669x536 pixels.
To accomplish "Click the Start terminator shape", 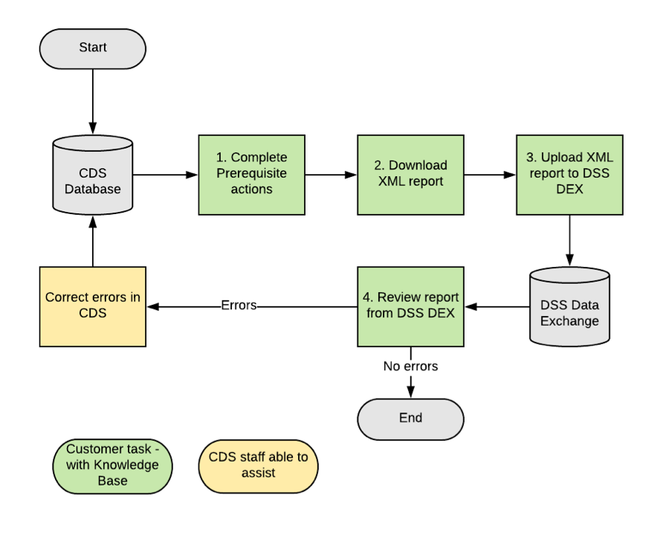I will point(92,48).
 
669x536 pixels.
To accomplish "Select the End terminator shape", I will point(410,419).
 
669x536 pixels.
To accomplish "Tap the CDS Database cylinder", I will point(92,176).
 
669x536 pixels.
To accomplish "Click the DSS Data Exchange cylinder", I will point(569,306).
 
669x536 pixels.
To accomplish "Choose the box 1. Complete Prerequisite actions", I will point(251,175).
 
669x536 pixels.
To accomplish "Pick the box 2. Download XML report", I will point(410,175).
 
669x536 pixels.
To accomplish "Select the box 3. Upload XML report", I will point(569,175).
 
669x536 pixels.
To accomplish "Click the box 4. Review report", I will point(410,306).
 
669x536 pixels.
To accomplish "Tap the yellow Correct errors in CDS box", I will point(92,306).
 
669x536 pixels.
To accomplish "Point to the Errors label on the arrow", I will point(239,306).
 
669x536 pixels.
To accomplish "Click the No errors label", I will point(410,367).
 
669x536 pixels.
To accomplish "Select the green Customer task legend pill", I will point(112,465).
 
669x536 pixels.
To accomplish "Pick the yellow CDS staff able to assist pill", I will point(258,465).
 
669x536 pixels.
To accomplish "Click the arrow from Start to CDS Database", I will point(92,100).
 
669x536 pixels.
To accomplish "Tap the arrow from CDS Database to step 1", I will point(165,175).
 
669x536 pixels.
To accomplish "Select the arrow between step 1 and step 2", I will point(331,175).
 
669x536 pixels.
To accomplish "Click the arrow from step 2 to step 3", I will point(490,175).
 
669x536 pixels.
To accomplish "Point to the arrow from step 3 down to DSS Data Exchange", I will point(569,239).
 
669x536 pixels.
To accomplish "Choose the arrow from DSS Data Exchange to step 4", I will point(497,306).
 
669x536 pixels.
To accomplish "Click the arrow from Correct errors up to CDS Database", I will point(92,242).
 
